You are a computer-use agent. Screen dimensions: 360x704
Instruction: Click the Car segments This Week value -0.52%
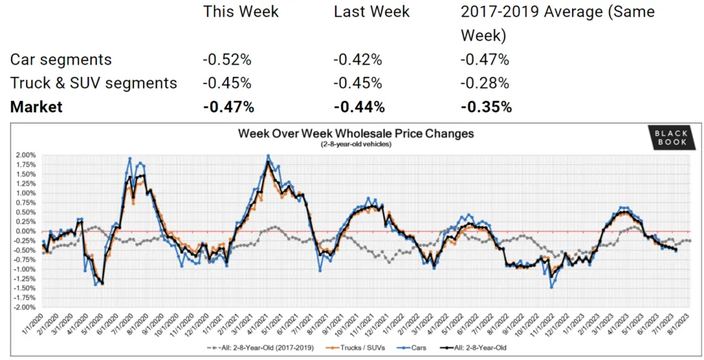point(227,60)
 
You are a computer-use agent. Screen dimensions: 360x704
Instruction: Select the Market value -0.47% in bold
point(228,106)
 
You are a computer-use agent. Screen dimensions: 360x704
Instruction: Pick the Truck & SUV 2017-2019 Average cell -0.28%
point(485,83)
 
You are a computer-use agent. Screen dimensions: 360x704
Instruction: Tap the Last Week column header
point(371,12)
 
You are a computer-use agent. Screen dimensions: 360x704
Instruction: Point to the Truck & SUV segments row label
point(93,83)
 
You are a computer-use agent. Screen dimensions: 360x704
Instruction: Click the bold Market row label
point(36,106)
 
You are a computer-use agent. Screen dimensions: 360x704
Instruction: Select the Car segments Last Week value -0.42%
point(357,60)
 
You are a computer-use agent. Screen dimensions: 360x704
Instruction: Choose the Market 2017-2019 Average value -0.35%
point(486,106)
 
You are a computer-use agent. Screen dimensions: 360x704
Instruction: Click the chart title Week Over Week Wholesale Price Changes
point(355,133)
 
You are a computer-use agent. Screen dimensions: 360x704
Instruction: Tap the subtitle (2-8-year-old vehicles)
point(355,144)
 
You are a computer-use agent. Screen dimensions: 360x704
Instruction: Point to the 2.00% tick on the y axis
point(25,155)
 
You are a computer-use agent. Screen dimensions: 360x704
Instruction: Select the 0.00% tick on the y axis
point(25,232)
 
